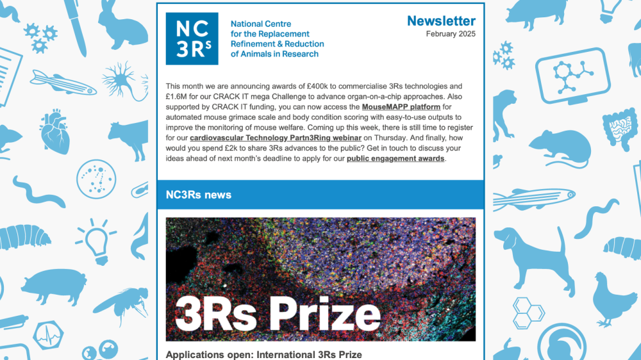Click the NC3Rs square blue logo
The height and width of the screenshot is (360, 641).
tap(192, 38)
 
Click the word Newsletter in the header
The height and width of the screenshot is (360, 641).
tap(441, 21)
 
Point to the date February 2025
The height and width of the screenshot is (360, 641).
tap(451, 34)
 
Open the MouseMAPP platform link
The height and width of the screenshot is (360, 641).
tap(402, 106)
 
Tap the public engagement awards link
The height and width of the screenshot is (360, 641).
tap(395, 158)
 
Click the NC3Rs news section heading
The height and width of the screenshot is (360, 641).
tap(198, 195)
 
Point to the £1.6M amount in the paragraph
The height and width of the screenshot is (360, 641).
tap(177, 96)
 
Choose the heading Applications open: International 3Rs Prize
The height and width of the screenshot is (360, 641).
tap(263, 354)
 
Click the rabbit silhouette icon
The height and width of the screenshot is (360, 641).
tap(122, 27)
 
